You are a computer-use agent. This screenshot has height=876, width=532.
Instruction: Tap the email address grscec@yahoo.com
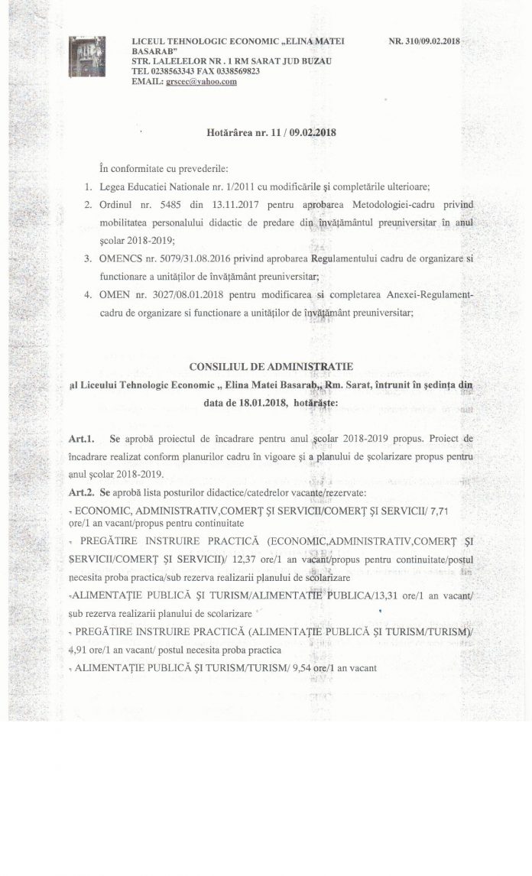[x=201, y=82]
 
